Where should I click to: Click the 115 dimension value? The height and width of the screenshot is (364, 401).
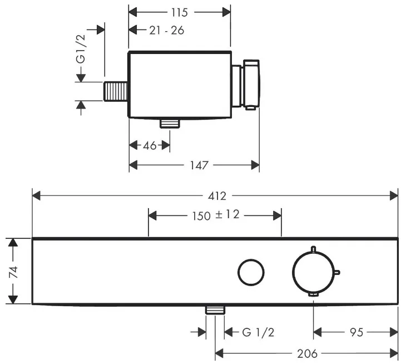180,12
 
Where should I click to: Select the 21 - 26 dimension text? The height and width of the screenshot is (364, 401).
166,31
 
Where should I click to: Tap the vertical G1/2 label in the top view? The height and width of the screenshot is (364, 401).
81,48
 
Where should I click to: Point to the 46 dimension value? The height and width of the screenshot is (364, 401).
150,146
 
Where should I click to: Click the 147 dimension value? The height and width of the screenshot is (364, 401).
199,165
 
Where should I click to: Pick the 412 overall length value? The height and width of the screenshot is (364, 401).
217,196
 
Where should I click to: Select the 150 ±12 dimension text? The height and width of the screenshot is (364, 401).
216,215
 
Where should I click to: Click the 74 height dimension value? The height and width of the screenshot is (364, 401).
13,272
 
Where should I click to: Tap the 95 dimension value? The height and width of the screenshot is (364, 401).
357,332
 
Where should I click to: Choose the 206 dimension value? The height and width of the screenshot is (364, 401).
307,354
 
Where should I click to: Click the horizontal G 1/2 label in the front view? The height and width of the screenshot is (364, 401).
258,332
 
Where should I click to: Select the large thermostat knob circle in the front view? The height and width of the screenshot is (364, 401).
293,272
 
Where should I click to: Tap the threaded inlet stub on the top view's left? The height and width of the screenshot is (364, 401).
116,91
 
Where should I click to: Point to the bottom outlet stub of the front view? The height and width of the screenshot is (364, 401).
215,309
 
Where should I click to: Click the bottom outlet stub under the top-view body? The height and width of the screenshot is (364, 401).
170,123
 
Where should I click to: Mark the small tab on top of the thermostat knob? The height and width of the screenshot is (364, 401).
313,249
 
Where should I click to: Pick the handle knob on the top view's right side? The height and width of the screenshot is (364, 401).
251,85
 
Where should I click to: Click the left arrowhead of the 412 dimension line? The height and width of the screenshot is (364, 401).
36,196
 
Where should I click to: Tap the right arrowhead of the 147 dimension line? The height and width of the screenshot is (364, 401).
255,165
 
